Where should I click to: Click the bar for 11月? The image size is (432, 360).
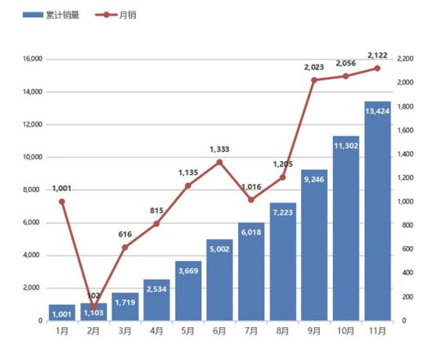pyautogui.click(x=377, y=212)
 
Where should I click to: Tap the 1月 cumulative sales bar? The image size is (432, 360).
pyautogui.click(x=62, y=313)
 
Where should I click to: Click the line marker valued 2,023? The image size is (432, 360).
pyautogui.click(x=314, y=80)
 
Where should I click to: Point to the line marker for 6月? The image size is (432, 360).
pyautogui.click(x=219, y=162)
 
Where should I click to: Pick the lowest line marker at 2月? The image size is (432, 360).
pyautogui.click(x=93, y=308)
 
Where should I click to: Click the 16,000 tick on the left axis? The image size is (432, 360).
pyautogui.click(x=31, y=59)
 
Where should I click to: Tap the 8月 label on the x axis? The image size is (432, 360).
pyautogui.click(x=283, y=332)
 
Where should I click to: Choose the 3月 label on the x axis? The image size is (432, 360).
pyautogui.click(x=125, y=332)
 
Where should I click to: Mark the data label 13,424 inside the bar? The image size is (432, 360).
pyautogui.click(x=377, y=111)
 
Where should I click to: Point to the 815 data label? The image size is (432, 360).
pyautogui.click(x=156, y=211)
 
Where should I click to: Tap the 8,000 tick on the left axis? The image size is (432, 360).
pyautogui.click(x=33, y=189)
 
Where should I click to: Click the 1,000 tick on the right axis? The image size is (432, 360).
pyautogui.click(x=405, y=202)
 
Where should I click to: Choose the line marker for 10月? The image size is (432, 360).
pyautogui.click(x=346, y=76)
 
